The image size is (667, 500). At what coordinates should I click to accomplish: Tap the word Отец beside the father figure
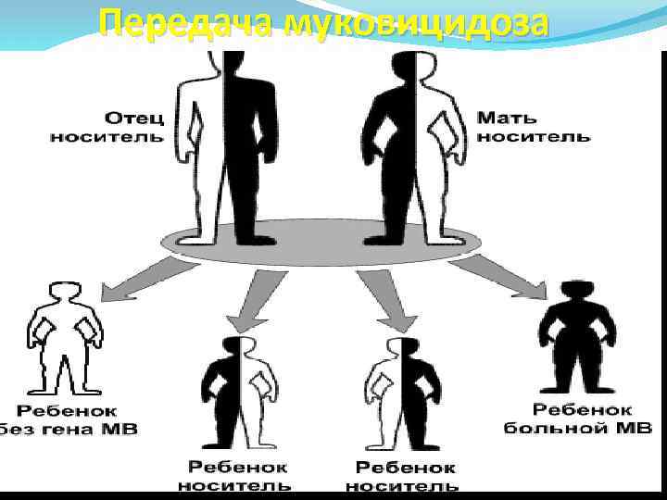click(x=133, y=119)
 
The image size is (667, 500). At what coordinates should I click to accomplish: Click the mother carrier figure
click(x=409, y=148)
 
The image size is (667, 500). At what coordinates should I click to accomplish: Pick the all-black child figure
click(x=576, y=338)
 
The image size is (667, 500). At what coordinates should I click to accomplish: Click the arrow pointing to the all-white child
click(x=139, y=279)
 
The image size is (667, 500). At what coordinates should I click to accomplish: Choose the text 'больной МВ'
click(x=580, y=428)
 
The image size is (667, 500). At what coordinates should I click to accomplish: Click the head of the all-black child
click(x=576, y=290)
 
